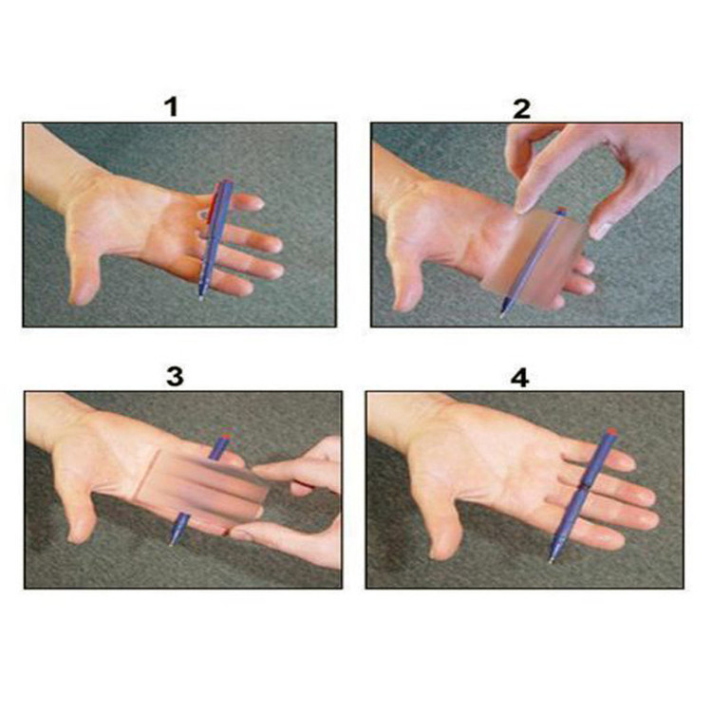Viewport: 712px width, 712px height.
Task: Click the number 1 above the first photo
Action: point(171,107)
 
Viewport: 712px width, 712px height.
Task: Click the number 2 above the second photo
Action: point(521,108)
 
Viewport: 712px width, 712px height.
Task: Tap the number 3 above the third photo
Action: point(175,377)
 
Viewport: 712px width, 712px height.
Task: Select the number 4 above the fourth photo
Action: point(520,378)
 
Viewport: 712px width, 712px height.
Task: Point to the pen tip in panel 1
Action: point(200,298)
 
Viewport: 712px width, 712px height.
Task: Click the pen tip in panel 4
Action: point(551,561)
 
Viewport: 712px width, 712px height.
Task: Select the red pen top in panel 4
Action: point(612,430)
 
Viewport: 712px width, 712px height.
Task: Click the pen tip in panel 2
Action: point(501,314)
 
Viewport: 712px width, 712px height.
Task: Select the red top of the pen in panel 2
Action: point(562,210)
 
